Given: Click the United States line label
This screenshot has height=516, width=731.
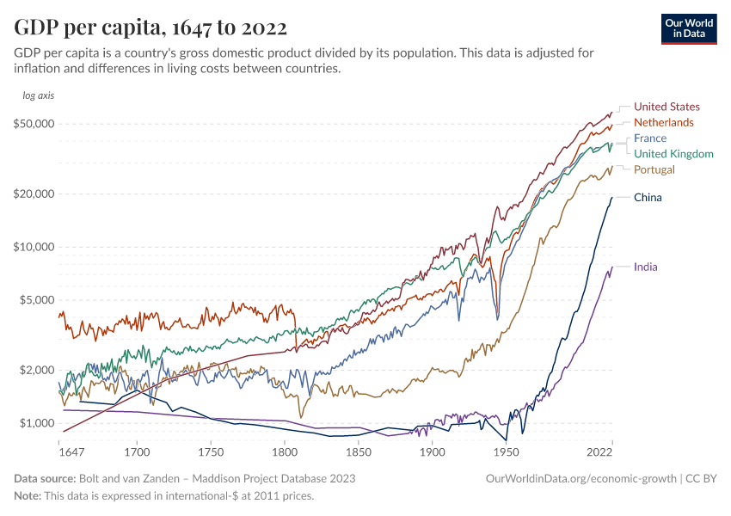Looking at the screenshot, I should coord(666,107).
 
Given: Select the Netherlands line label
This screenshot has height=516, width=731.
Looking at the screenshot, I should coord(663,122).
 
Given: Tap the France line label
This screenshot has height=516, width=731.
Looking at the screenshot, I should coord(649,138).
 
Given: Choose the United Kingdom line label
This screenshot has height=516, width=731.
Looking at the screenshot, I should coord(673,154).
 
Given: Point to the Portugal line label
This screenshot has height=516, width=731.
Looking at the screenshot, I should coord(654,169).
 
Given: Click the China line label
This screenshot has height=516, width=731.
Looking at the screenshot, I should coord(648,198).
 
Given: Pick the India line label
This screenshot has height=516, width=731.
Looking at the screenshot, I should coord(645,267).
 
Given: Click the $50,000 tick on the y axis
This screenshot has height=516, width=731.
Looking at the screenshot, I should coord(35,124).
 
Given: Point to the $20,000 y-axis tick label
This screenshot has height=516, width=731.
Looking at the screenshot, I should coord(35,193).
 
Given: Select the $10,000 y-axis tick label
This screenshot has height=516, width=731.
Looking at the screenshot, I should coord(35,247).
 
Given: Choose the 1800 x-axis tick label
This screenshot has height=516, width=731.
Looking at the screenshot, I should coord(284,451).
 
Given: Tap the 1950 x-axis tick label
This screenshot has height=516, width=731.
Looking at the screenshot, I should coord(506,451).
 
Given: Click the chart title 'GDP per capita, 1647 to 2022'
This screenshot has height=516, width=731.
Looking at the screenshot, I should coord(150,28).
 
